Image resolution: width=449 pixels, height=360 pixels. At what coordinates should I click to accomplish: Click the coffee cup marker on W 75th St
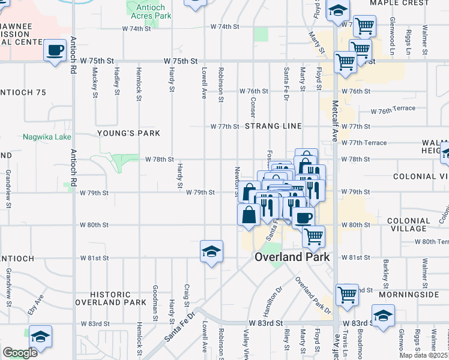pyautogui.click(x=55, y=50)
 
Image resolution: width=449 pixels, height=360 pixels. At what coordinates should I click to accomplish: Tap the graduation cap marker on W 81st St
pyautogui.click(x=211, y=251)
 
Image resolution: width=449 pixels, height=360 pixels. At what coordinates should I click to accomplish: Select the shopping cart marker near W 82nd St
pyautogui.click(x=347, y=295)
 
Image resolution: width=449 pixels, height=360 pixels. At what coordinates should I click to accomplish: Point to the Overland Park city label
pyautogui.click(x=292, y=257)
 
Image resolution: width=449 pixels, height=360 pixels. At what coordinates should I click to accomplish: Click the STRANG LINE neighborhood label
pyautogui.click(x=273, y=127)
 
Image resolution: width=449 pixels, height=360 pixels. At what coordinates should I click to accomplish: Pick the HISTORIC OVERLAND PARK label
pyautogui.click(x=119, y=298)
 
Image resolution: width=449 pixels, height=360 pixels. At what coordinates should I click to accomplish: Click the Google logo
pyautogui.click(x=20, y=353)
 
